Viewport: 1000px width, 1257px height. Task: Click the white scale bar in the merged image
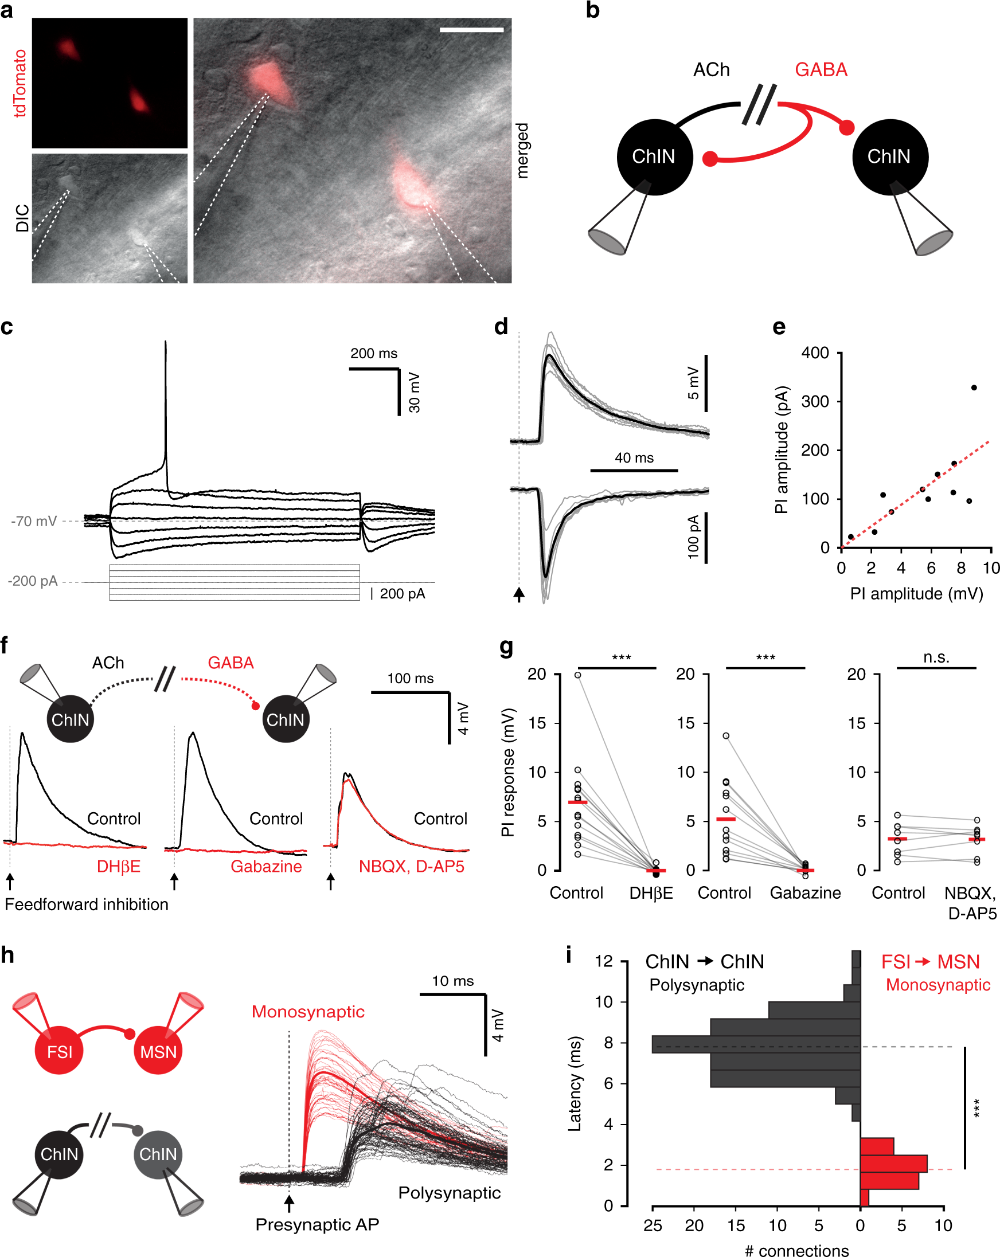[471, 29]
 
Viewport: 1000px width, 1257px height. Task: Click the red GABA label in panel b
[821, 70]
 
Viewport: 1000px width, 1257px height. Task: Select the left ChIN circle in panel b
[654, 157]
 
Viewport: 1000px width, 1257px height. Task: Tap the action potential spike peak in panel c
[166, 343]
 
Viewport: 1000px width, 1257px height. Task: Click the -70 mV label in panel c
[34, 521]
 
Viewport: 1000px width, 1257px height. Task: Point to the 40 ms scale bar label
[634, 458]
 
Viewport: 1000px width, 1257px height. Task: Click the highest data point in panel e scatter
[974, 387]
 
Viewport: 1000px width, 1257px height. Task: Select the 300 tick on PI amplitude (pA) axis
[815, 402]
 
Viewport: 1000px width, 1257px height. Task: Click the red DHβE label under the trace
[118, 867]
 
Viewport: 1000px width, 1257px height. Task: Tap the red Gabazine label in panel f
[266, 867]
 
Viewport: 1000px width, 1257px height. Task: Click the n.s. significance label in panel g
[936, 657]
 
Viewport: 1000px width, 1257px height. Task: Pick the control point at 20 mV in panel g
[577, 675]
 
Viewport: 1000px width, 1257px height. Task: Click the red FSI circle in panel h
[60, 1052]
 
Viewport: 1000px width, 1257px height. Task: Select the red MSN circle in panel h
[158, 1052]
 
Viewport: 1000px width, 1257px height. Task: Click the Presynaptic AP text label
[317, 1224]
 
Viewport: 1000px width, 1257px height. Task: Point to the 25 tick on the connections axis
[653, 1225]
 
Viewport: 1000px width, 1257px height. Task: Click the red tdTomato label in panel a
[20, 83]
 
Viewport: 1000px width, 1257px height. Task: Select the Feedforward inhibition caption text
[87, 904]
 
